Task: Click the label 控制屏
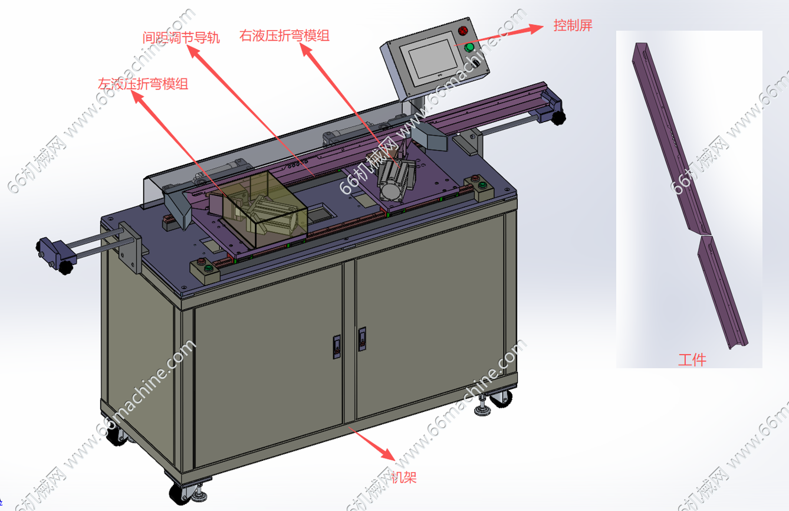[x=573, y=25]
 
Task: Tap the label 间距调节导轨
[x=181, y=37]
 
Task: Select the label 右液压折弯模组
[x=284, y=35]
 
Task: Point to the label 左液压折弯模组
[x=143, y=84]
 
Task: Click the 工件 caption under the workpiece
[x=692, y=360]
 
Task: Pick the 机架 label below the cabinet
[x=404, y=477]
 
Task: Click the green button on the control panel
[x=469, y=48]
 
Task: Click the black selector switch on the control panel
[x=476, y=64]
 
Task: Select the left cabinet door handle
[x=337, y=347]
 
